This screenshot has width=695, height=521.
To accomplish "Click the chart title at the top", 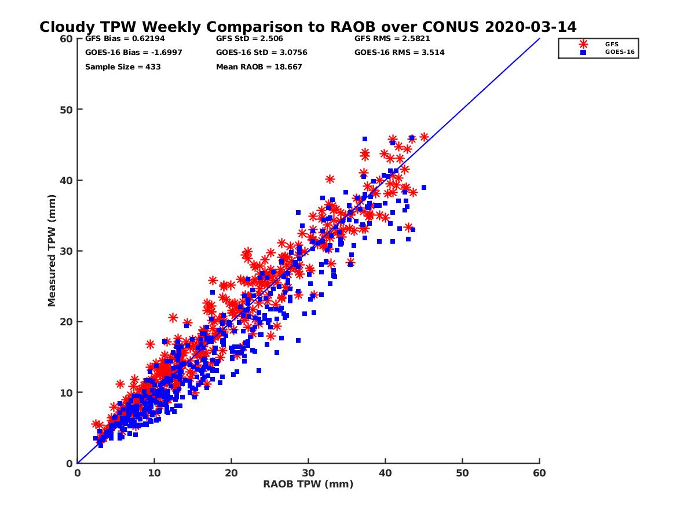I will (308, 27).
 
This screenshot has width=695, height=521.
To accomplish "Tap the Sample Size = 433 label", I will (123, 67).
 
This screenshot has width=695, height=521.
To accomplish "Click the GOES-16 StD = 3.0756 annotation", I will (261, 53).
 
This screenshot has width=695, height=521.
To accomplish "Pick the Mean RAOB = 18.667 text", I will (259, 67).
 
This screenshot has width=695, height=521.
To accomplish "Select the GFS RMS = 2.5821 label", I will (392, 39).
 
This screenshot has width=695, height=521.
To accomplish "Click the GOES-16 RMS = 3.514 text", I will (400, 53).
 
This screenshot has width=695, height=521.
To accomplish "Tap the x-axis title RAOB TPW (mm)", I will (308, 485).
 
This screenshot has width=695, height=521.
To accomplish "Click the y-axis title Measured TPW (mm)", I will (52, 251).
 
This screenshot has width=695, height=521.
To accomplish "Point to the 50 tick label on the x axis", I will (462, 473).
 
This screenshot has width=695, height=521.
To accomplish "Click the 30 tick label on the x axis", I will (308, 473).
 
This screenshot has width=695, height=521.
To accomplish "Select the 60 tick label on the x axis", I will (539, 473).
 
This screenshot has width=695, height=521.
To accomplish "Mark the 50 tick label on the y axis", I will (66, 109).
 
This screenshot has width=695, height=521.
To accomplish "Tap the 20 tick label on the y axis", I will (66, 322).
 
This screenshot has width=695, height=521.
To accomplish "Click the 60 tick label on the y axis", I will (66, 39).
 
